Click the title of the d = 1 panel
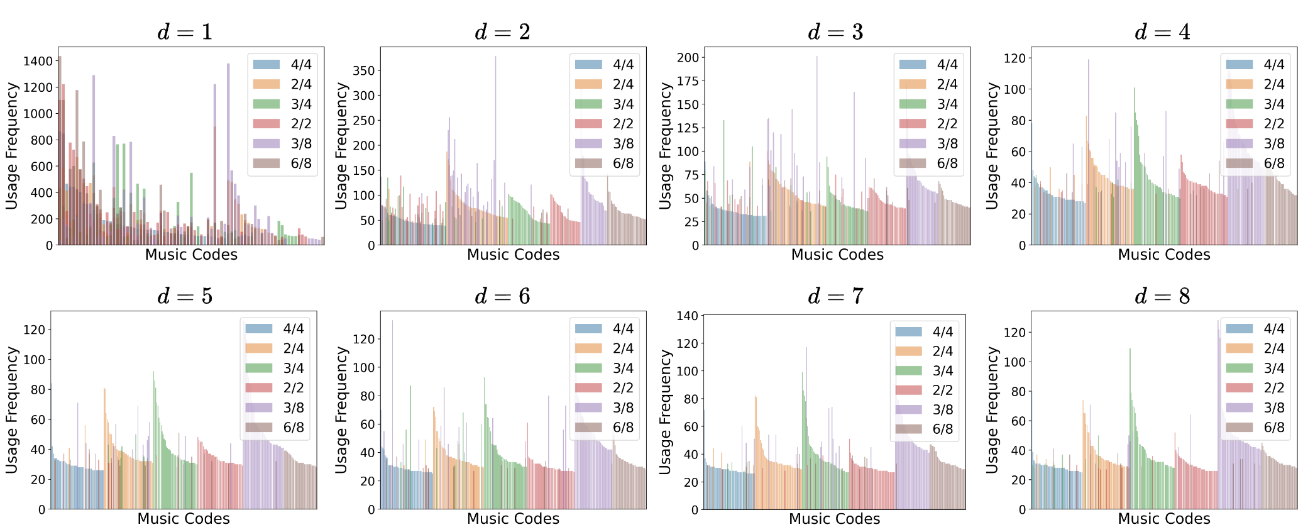coord(185,32)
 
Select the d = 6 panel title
coord(502,296)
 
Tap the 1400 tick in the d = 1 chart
coord(38,61)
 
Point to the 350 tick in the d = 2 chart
coord(363,70)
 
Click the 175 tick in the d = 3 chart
coord(688,81)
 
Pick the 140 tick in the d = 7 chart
coord(687,316)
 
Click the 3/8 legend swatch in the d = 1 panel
coord(267,143)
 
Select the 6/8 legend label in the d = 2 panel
coord(623,163)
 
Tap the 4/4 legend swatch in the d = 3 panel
coord(912,64)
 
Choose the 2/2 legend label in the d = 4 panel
coord(1274,124)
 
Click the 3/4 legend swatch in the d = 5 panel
coord(259,368)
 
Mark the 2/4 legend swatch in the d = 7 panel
coord(908,351)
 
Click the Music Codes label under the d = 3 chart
coord(837,255)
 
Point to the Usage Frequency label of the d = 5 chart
coord(12,410)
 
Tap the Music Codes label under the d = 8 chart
coord(1163,519)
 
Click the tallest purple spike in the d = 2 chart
coord(495,58)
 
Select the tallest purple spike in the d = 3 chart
coord(817,58)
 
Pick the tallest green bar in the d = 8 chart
coord(1130,350)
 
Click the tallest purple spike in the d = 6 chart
coord(392,322)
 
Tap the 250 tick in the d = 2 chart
coord(363,120)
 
